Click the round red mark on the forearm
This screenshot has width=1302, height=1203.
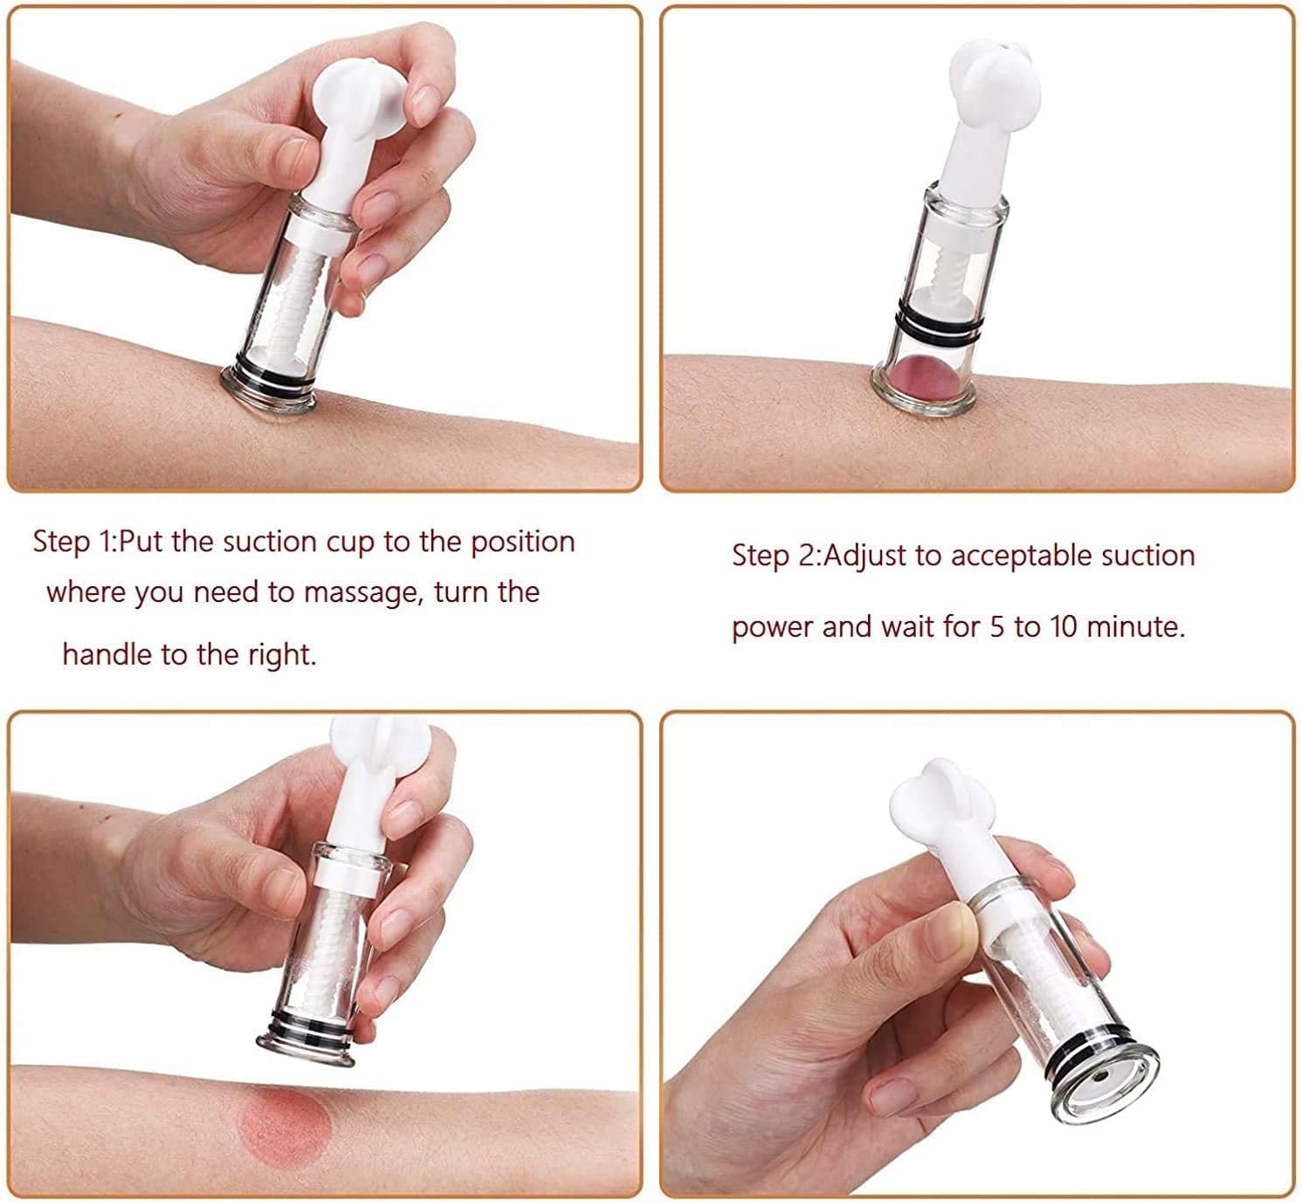[285, 1123]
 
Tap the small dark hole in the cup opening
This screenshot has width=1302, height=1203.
[1104, 1075]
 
